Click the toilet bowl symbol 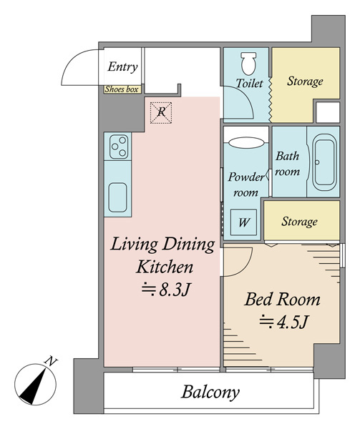(x=248, y=64)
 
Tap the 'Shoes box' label (x=122, y=89)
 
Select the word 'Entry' (x=122, y=66)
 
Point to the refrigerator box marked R (x=162, y=112)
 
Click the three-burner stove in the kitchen (x=119, y=147)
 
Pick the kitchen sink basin (x=117, y=197)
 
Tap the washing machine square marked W (x=243, y=222)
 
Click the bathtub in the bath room (x=324, y=162)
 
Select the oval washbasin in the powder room (x=246, y=142)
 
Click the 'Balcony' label (x=210, y=393)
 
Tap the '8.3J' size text (x=166, y=290)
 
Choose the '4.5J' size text (x=284, y=322)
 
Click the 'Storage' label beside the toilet (x=305, y=82)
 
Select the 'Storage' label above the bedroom (x=299, y=222)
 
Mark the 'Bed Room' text (x=282, y=300)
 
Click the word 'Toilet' (x=249, y=83)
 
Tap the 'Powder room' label (x=245, y=184)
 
